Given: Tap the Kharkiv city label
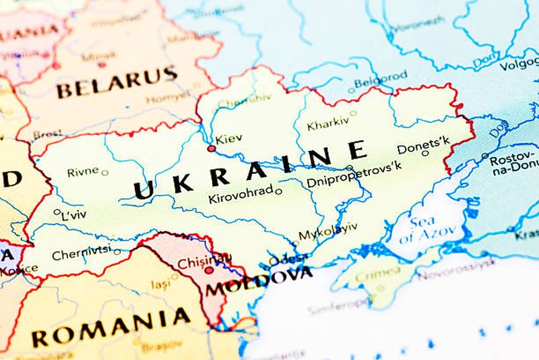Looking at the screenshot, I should click(x=327, y=124).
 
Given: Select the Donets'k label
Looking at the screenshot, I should click(x=423, y=145).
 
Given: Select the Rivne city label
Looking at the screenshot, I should click(x=82, y=172).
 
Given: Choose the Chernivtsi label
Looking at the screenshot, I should click(x=81, y=255).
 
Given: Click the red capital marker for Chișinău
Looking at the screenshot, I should click(x=209, y=270).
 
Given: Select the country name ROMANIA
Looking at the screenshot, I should click(x=111, y=326).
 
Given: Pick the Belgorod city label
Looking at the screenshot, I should click(x=381, y=78).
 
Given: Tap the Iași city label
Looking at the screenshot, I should click(x=160, y=285).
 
